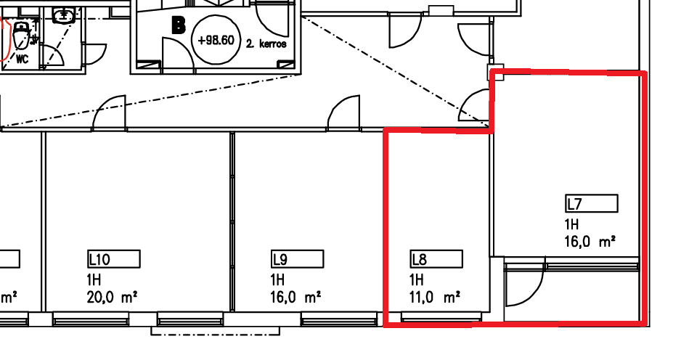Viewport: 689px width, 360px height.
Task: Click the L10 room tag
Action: click(x=114, y=259)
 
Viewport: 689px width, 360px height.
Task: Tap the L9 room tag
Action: click(x=297, y=259)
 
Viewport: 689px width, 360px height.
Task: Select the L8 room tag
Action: click(x=436, y=259)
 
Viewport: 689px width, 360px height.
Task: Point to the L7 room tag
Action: click(x=592, y=204)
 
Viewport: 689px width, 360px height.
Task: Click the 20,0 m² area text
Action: click(x=112, y=298)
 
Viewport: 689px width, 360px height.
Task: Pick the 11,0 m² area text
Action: click(x=435, y=298)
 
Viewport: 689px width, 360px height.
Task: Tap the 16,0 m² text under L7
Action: click(x=590, y=242)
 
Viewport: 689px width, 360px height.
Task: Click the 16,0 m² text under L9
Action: click(x=295, y=298)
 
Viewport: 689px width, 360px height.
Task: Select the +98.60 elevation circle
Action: click(x=216, y=40)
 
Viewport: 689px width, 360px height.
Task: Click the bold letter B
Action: click(x=179, y=26)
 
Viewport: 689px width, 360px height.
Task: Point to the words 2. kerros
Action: click(x=266, y=44)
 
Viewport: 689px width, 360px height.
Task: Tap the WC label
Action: click(x=22, y=59)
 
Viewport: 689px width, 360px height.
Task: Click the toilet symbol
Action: click(x=20, y=35)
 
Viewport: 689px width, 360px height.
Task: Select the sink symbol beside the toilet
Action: click(x=64, y=15)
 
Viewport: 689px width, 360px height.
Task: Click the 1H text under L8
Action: click(x=416, y=279)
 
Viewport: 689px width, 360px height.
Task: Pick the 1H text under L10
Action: click(x=94, y=279)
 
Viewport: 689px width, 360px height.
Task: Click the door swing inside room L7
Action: click(x=525, y=285)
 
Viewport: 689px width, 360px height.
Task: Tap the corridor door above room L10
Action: click(x=110, y=112)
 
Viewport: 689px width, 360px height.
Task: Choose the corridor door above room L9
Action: click(x=343, y=112)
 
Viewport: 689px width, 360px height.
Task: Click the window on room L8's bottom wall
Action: click(x=441, y=316)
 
